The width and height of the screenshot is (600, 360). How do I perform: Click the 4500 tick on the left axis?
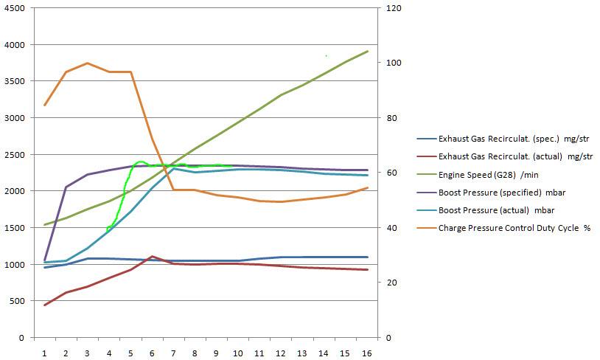point(14,8)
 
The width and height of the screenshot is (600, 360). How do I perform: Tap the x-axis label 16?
point(367,353)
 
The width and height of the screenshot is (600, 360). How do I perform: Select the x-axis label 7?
point(173,353)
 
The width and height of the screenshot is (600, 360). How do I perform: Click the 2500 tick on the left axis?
point(14,155)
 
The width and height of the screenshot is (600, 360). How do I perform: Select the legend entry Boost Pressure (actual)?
point(498,210)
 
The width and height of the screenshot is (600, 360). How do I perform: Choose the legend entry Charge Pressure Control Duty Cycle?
point(514,228)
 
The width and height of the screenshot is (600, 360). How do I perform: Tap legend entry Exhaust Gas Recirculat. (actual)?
point(515,156)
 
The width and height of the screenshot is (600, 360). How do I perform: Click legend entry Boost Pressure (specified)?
point(503,192)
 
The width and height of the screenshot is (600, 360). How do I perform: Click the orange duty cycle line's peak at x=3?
point(88,63)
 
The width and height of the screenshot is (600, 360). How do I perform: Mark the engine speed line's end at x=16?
point(367,52)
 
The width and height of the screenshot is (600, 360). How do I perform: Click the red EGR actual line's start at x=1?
point(44,305)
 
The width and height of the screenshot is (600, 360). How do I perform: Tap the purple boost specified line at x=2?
point(66,187)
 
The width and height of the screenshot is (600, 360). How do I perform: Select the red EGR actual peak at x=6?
point(152,257)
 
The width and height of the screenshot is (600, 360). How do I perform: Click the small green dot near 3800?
point(326,55)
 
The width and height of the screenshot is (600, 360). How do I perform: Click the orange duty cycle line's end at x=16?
point(367,188)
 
